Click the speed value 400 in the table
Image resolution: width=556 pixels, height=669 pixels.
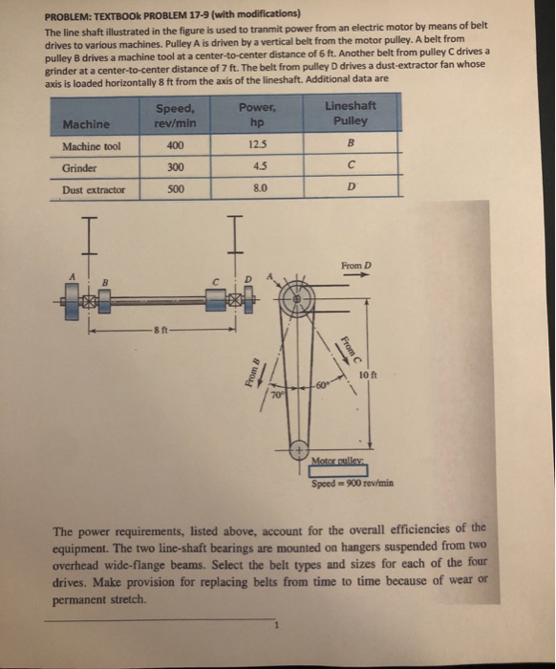click(x=173, y=146)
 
